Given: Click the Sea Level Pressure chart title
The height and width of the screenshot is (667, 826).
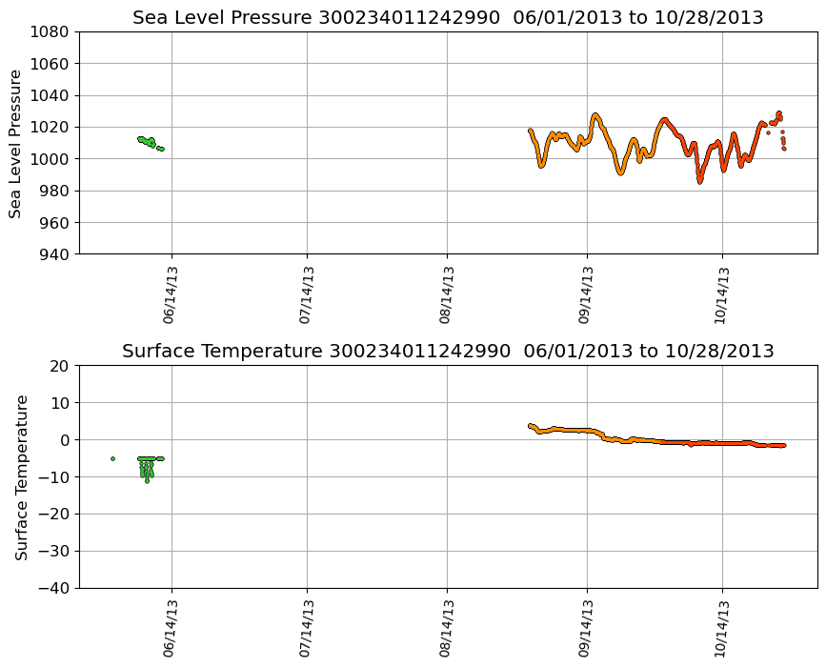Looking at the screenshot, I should pyautogui.click(x=448, y=18).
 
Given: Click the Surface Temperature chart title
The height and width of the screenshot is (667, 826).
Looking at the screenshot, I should pyautogui.click(x=448, y=352).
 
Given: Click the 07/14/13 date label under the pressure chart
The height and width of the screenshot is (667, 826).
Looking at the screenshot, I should pyautogui.click(x=308, y=295).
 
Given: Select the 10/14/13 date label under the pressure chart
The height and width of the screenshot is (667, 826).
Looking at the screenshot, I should pyautogui.click(x=722, y=295).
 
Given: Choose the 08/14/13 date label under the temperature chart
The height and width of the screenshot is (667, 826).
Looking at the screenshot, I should pyautogui.click(x=447, y=629).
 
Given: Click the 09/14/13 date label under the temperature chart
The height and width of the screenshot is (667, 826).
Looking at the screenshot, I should pyautogui.click(x=587, y=629).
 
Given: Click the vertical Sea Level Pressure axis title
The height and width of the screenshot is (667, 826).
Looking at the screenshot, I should pyautogui.click(x=16, y=143).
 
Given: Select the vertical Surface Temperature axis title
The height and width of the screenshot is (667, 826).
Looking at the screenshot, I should pyautogui.click(x=21, y=476).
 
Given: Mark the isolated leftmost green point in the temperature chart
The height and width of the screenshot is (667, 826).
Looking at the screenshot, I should pyautogui.click(x=112, y=458).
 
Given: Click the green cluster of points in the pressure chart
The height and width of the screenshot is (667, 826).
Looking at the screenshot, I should pyautogui.click(x=148, y=142).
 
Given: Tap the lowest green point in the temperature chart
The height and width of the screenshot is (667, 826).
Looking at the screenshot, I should pyautogui.click(x=147, y=480).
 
